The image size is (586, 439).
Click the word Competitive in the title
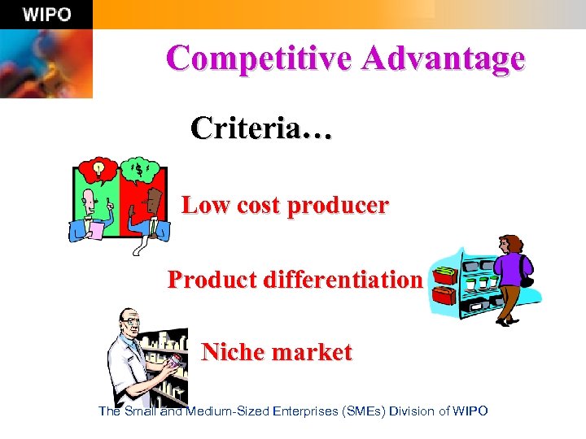tap(256, 59)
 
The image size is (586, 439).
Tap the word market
tap(314, 353)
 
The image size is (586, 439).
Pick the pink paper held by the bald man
tap(95, 230)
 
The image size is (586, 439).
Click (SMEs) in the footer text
tap(365, 411)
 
